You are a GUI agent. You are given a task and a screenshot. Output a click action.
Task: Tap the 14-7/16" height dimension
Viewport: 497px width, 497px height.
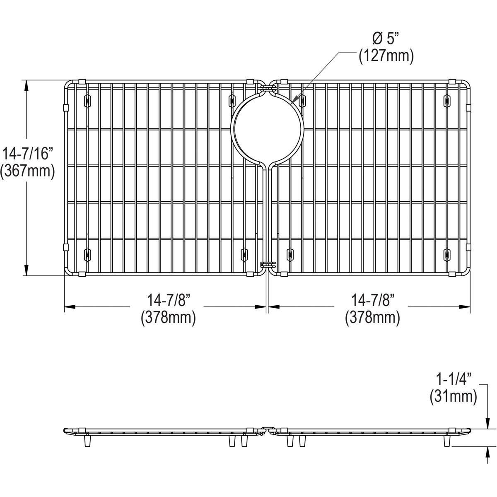click(28, 154)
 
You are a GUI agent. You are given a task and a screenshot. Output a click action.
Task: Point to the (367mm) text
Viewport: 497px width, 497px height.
click(28, 171)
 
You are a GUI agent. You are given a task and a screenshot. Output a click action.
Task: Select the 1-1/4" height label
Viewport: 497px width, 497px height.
click(454, 379)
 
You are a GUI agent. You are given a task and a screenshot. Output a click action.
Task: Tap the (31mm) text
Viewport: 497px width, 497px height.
click(454, 396)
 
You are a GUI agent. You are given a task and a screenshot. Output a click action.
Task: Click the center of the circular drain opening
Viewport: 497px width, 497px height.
click(268, 126)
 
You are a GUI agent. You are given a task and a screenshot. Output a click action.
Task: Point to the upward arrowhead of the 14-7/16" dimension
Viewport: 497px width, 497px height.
click(27, 85)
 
